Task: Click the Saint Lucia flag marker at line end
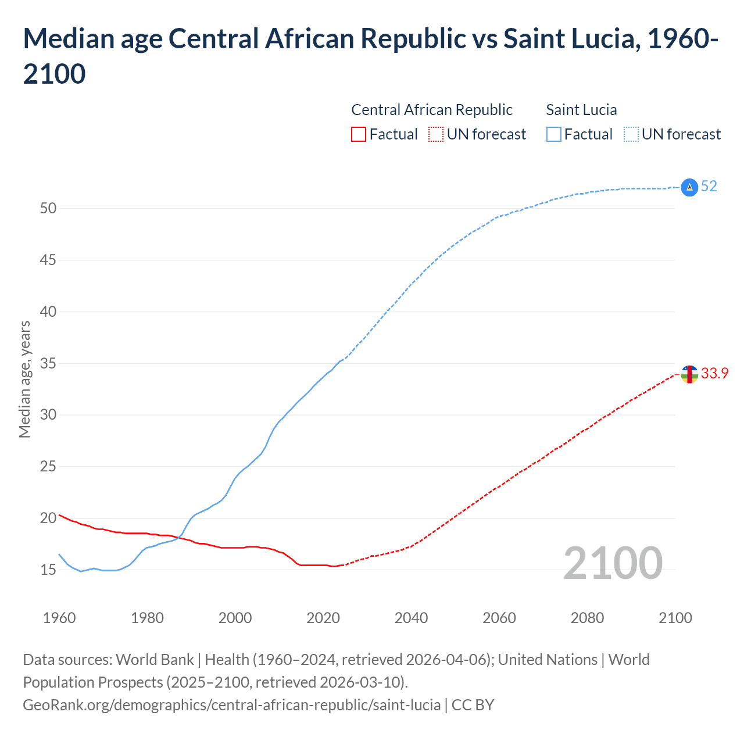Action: [x=689, y=187]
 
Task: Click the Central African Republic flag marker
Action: [x=689, y=374]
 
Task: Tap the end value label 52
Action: [x=709, y=187]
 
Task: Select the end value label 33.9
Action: [x=714, y=374]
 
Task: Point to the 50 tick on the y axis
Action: [x=48, y=208]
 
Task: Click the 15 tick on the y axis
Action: [x=48, y=570]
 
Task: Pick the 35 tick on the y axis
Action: [x=48, y=363]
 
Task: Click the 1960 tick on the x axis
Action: [x=59, y=618]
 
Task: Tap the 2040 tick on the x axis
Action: [x=412, y=618]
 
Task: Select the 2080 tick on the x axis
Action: [x=587, y=618]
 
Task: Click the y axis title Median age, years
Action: [x=24, y=379]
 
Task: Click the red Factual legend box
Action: [x=359, y=135]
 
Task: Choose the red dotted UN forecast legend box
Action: [x=436, y=135]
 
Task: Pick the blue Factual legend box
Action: [x=554, y=135]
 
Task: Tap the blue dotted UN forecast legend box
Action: [x=631, y=135]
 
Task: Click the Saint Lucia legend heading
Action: [x=581, y=110]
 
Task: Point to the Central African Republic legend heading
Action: [x=432, y=110]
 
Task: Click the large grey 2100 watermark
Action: [x=613, y=563]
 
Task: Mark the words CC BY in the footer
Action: [x=473, y=705]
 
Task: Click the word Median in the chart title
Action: [x=67, y=39]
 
